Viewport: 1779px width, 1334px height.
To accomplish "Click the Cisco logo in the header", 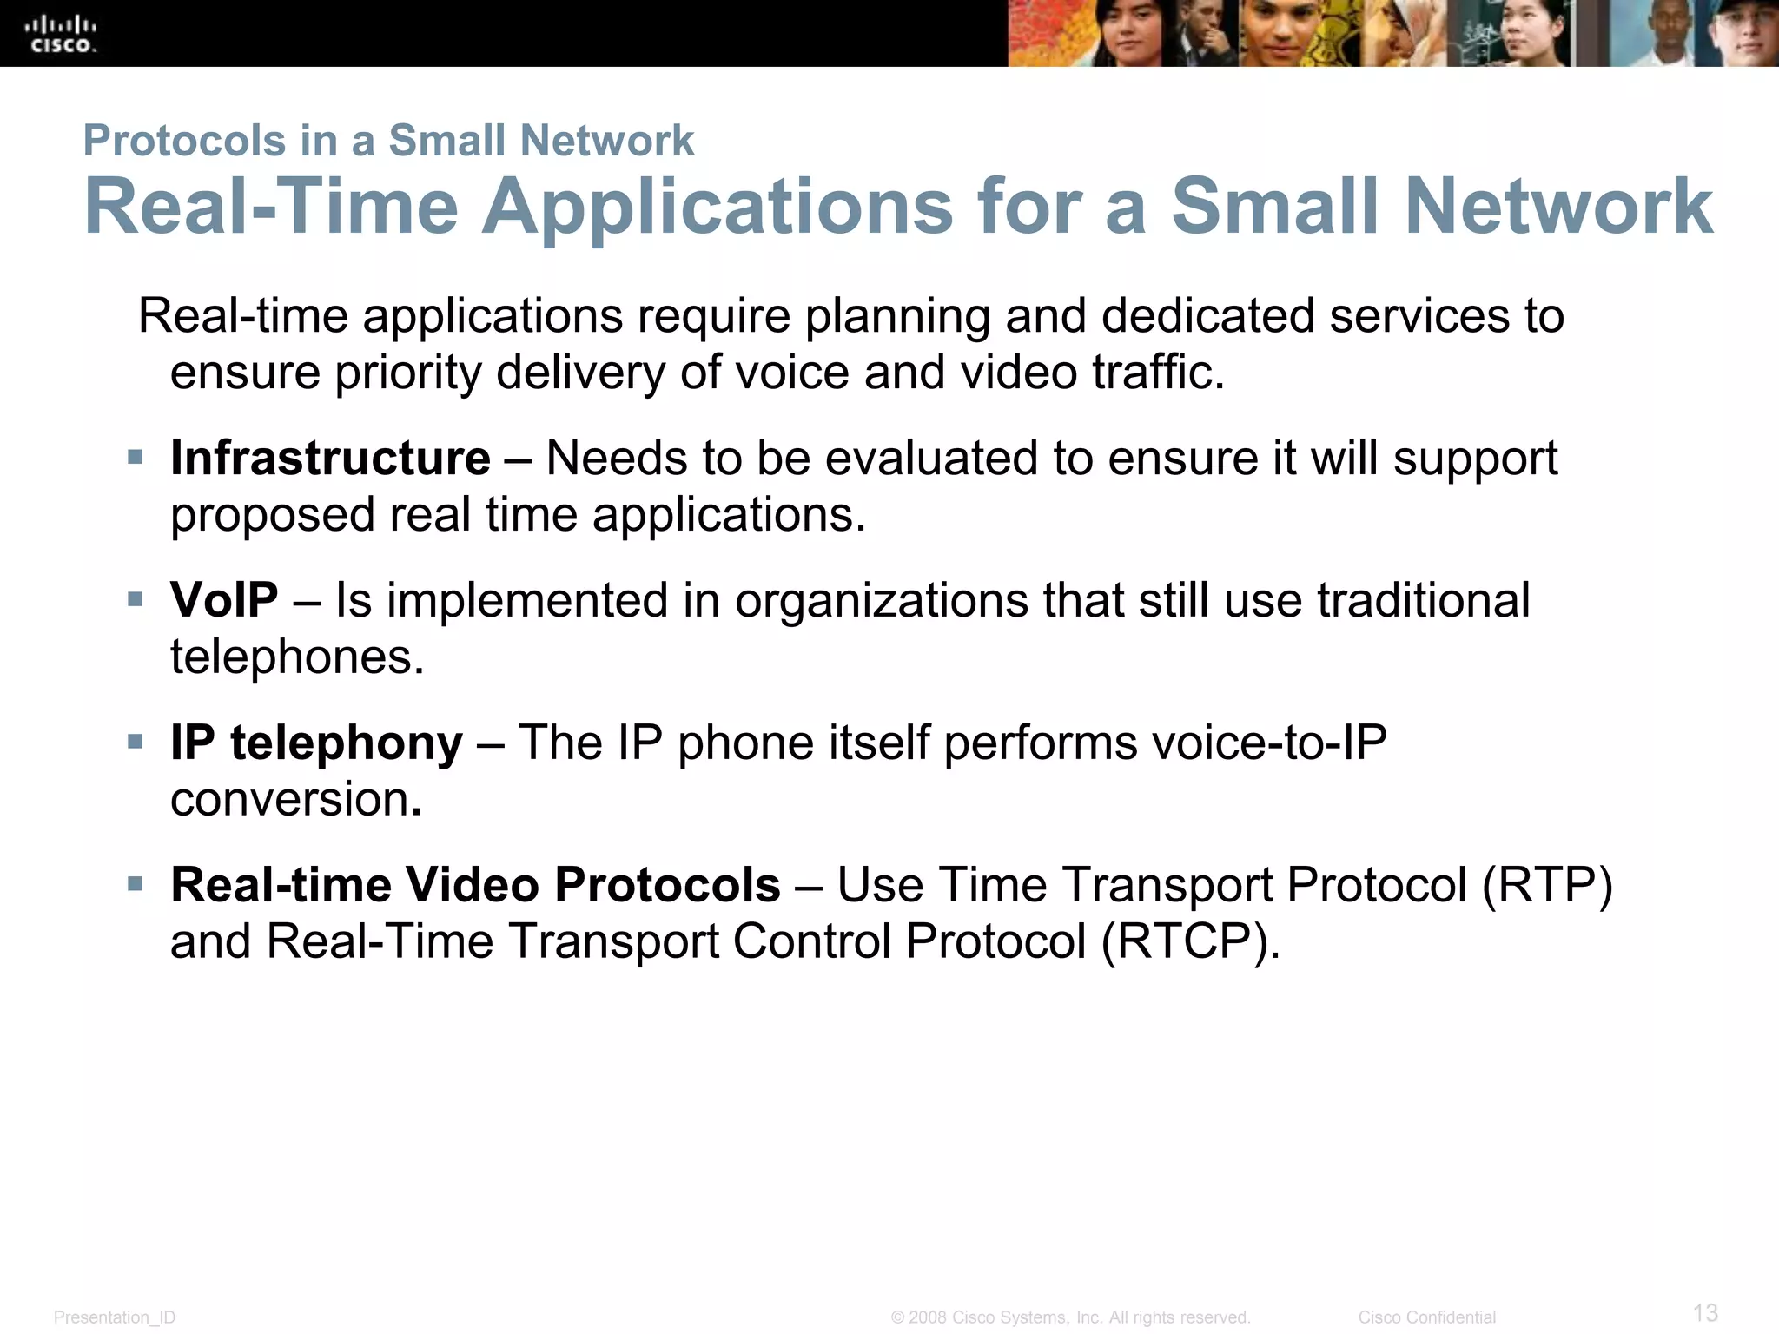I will (x=62, y=34).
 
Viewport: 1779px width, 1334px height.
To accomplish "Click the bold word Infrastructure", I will (x=330, y=458).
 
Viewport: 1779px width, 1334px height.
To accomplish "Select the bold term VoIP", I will (x=224, y=600).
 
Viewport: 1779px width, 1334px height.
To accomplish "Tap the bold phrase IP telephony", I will (x=316, y=743).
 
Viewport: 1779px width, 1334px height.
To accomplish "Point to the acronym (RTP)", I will (x=1547, y=885).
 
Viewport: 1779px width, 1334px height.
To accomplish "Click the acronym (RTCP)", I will (x=1190, y=941).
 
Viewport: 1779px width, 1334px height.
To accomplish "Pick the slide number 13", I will (x=1705, y=1312).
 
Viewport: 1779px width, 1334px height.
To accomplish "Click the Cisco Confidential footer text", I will (x=1426, y=1317).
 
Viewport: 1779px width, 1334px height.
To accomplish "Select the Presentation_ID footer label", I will (x=115, y=1317).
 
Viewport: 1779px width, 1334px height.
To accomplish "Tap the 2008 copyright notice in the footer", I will (x=1070, y=1317).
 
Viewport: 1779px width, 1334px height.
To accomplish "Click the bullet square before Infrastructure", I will (x=135, y=457).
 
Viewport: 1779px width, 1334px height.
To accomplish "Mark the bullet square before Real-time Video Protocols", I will (x=135, y=884).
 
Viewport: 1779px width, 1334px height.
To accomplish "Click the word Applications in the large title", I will (x=718, y=207).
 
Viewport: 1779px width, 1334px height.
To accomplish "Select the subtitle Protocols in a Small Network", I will (x=388, y=141).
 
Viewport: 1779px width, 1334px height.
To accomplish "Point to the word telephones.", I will (x=296, y=657).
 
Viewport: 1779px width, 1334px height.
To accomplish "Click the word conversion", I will (x=290, y=799).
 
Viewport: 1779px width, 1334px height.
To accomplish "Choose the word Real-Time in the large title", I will (x=271, y=207).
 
